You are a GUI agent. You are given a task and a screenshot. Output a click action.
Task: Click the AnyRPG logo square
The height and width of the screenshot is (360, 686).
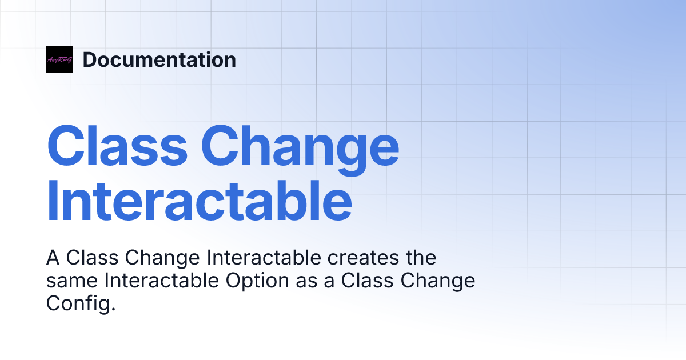(x=59, y=59)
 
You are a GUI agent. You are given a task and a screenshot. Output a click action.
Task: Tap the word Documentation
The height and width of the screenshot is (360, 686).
(x=159, y=60)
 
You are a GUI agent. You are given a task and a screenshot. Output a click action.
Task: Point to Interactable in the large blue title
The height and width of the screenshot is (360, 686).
(x=199, y=201)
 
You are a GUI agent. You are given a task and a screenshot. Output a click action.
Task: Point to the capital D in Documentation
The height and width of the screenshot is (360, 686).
(x=89, y=60)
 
